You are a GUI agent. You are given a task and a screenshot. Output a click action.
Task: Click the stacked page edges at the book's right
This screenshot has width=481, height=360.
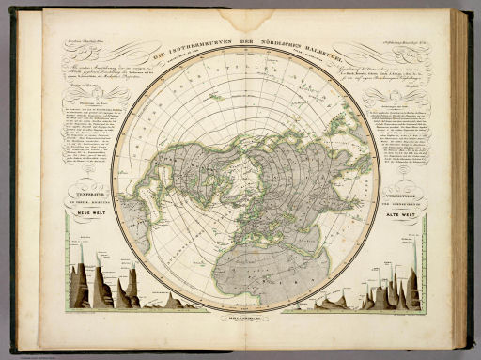coord(460,179)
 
